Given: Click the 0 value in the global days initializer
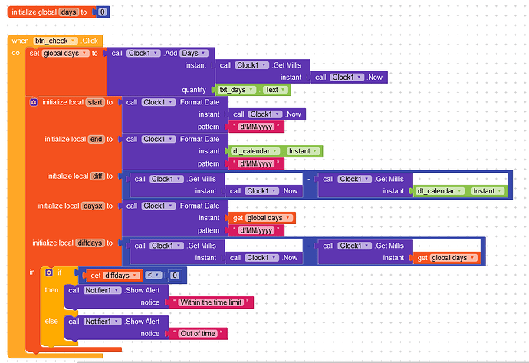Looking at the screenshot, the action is [103, 12].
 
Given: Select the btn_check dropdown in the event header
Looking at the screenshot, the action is [55, 41].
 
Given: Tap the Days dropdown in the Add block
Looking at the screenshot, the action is [194, 54].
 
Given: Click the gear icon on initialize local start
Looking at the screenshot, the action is [34, 102].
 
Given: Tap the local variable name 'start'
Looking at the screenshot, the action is [95, 102].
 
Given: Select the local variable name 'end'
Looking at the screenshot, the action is [96, 139].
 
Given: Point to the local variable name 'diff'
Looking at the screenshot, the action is [97, 176].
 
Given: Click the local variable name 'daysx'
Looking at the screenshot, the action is [93, 206].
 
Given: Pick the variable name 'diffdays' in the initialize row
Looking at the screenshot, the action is [90, 243].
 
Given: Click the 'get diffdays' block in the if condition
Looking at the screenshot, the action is [113, 276].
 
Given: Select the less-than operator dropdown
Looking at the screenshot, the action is [153, 276].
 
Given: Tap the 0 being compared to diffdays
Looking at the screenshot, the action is [175, 276].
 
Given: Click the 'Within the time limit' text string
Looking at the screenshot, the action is [211, 302].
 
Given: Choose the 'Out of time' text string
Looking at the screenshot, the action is [198, 334].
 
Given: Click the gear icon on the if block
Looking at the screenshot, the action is [49, 272].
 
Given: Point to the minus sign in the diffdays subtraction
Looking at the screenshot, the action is [309, 246].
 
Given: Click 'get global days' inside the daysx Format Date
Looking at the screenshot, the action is [262, 218].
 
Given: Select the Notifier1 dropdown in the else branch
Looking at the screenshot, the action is [102, 322].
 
